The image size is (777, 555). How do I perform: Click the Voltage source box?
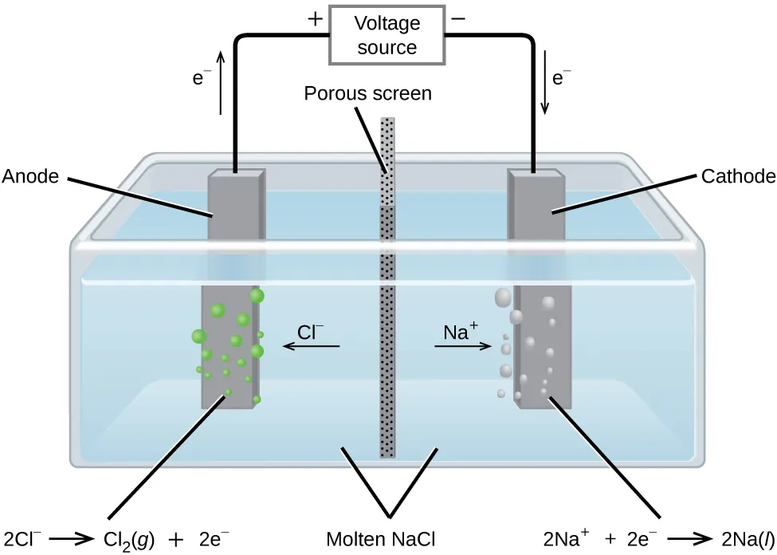387,35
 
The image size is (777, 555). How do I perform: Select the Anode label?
31,176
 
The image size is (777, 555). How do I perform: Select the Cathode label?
738,176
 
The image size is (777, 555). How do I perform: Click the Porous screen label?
367,93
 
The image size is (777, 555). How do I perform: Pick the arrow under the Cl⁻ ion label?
312,346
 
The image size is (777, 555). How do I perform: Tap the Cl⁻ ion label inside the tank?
311,331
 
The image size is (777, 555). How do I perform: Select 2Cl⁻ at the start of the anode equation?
22,537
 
